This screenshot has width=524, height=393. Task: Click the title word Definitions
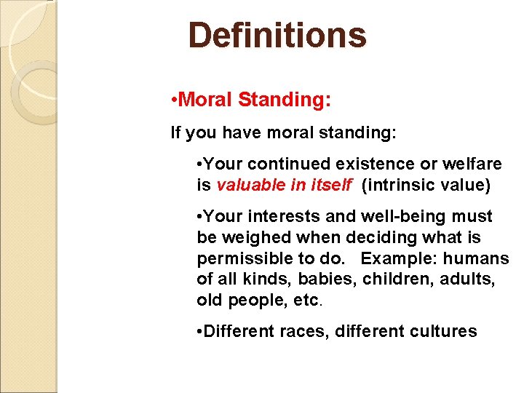click(x=277, y=35)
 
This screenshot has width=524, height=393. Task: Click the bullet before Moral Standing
click(x=172, y=100)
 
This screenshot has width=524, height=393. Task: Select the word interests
click(x=273, y=217)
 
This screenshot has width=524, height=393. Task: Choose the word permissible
click(x=241, y=259)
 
